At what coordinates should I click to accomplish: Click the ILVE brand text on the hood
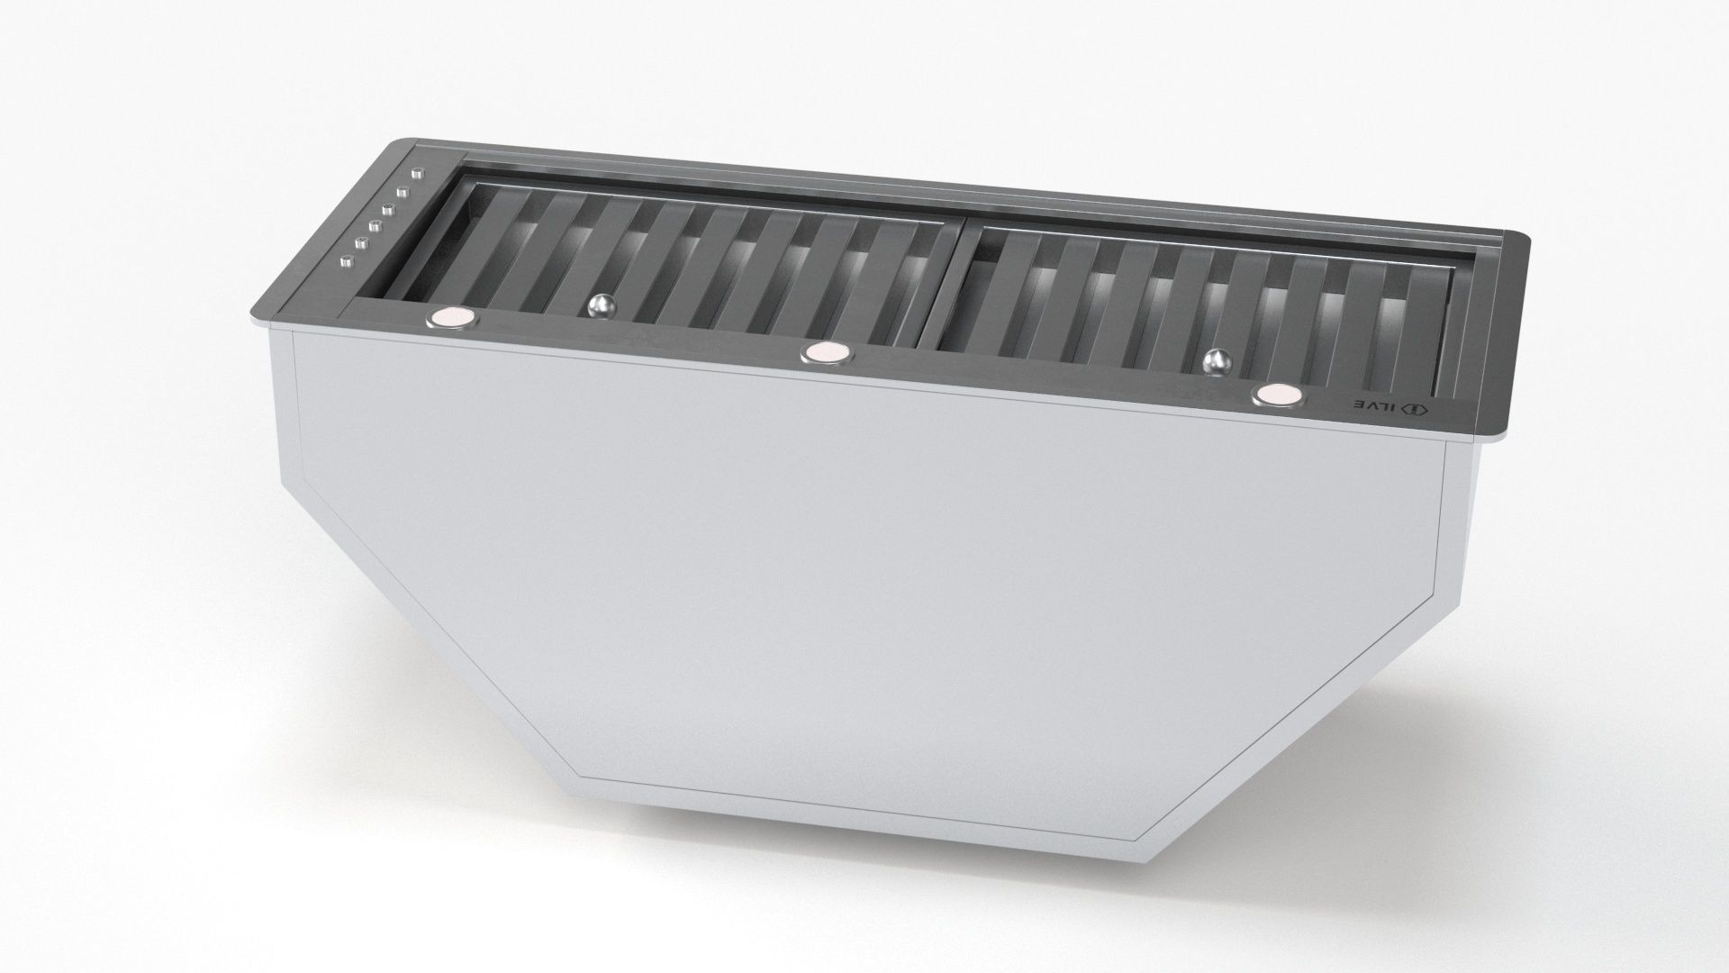coord(1375,405)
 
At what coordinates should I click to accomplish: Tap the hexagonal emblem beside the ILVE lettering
coord(1417,410)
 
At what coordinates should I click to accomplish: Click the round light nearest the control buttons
coord(452,317)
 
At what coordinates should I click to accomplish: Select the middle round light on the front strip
coord(826,353)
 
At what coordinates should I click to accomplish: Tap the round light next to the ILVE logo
coord(1275,395)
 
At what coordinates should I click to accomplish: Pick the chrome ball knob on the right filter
coord(1217,361)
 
